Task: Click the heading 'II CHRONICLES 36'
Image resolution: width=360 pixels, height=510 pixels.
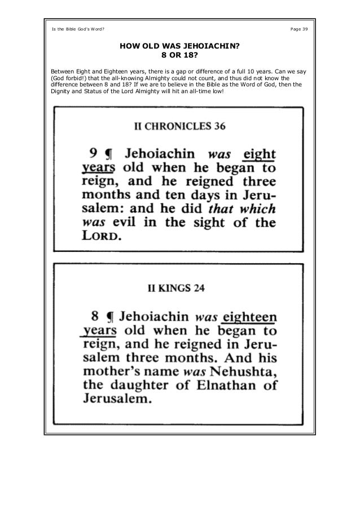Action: pyautogui.click(x=179, y=127)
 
